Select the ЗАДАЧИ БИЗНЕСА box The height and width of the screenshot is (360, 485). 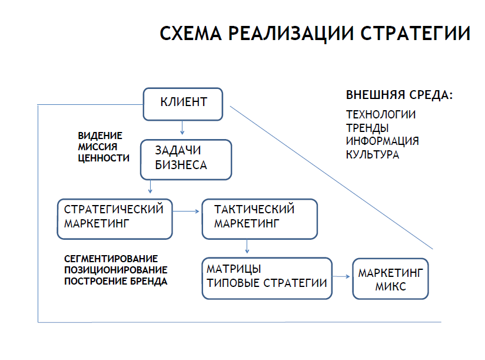184,158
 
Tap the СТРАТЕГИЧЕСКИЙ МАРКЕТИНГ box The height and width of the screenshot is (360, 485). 115,218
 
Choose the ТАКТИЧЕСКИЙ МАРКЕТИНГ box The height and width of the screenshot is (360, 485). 259,218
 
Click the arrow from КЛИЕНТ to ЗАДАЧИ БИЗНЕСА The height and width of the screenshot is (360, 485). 182,126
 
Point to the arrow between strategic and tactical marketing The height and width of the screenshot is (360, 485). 187,210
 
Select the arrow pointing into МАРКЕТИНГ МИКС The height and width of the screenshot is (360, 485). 341,276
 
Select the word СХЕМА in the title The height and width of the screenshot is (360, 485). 191,32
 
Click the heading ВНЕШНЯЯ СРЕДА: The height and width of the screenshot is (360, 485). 398,95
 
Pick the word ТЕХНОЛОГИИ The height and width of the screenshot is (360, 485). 380,114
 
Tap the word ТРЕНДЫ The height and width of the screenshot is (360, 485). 367,127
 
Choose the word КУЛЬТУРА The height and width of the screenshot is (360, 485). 372,155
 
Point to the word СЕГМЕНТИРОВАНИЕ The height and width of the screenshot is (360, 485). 111,259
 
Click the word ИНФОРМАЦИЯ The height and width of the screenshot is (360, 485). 382,141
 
